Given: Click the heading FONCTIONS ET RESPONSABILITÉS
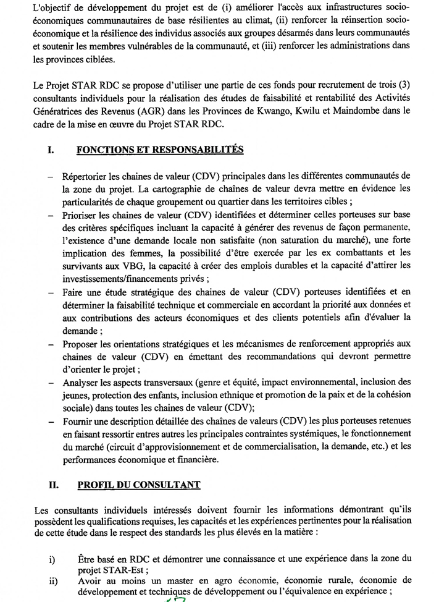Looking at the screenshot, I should (x=159, y=150).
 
